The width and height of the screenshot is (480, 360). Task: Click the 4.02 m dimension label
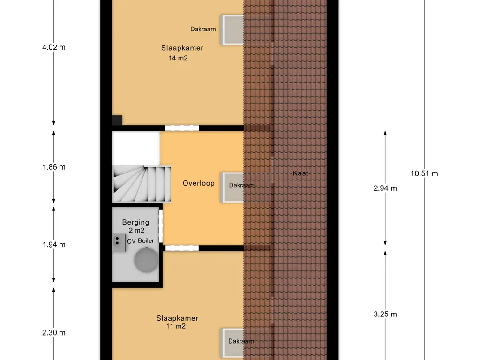54,47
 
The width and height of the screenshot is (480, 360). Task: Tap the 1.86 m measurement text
54,167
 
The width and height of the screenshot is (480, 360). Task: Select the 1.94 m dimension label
54,245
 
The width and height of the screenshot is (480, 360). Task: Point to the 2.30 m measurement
54,333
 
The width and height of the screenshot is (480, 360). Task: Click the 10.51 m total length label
424,173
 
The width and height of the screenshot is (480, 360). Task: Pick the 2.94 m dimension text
385,188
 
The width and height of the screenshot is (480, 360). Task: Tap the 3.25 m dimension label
385,315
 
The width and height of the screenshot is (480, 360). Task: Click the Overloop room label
199,183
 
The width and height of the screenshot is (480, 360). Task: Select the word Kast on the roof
300,173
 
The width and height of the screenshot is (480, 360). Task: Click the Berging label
135,223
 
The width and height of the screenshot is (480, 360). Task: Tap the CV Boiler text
141,241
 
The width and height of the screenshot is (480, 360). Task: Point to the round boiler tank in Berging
146,260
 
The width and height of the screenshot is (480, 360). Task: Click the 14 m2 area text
178,58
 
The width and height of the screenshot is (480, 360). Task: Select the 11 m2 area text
176,326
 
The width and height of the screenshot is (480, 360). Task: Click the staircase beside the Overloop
142,184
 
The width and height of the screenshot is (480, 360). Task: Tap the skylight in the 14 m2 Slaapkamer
232,30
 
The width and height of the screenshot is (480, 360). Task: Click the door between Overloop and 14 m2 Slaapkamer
182,128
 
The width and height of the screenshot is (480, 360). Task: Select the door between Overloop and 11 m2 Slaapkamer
182,248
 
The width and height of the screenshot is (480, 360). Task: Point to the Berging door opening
161,225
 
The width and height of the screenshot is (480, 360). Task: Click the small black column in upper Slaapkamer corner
117,120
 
